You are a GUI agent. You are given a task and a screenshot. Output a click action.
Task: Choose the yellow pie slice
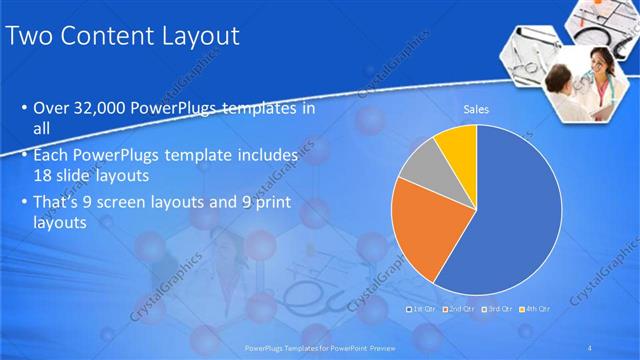pos(457,142)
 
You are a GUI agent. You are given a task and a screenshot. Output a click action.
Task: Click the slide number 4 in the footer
pos(591,347)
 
